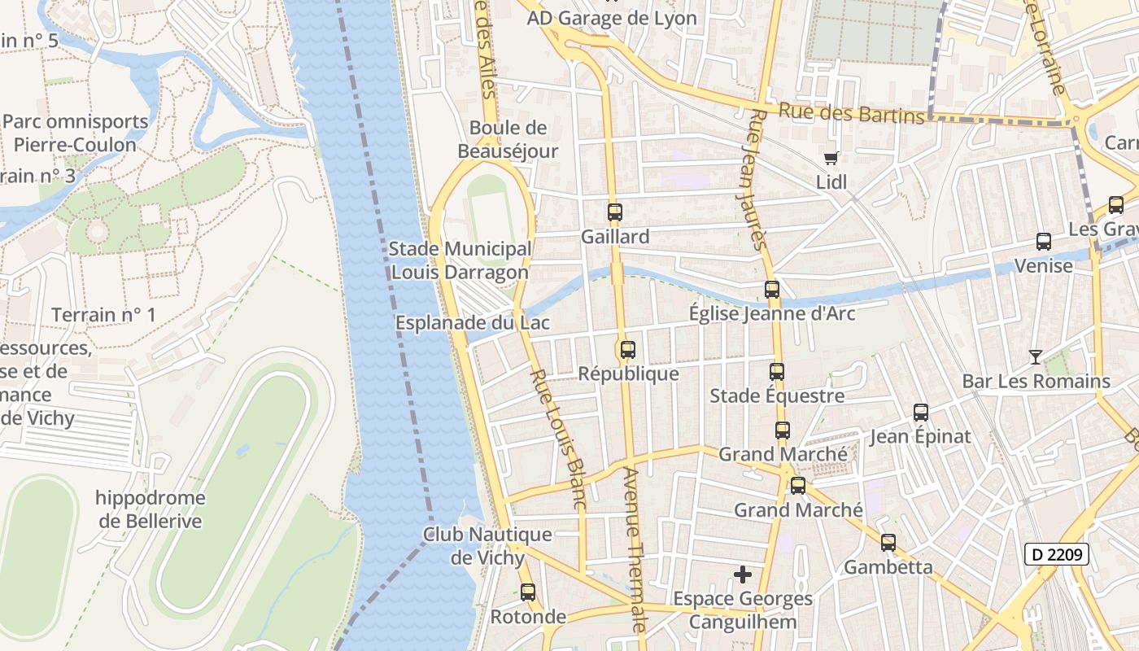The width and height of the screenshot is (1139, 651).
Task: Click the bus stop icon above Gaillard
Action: tap(614, 212)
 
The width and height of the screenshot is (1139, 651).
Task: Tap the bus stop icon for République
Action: tap(627, 350)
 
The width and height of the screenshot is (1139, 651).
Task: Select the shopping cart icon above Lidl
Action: tap(831, 158)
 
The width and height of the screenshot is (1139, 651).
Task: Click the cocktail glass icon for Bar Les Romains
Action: tap(1035, 356)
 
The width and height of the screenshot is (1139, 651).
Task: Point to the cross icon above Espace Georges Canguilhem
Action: tap(742, 575)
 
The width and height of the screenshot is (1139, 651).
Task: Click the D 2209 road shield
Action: tap(1056, 555)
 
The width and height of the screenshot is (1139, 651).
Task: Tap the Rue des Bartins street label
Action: tap(852, 113)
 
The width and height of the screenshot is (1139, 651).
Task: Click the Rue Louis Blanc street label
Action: tap(558, 439)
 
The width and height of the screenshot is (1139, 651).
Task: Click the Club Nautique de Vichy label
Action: tap(487, 546)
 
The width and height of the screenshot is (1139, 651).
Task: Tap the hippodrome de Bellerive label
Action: tap(150, 509)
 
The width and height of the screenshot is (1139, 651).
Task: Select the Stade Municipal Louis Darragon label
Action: tap(460, 260)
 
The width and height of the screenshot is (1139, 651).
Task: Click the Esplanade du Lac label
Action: tap(473, 323)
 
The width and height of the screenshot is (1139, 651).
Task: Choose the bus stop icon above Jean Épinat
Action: tap(921, 413)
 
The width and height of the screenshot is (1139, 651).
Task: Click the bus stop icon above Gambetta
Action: tap(888, 542)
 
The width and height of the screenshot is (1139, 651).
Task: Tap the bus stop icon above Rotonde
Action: tap(528, 592)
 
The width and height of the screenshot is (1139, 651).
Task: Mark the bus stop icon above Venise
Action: tap(1044, 242)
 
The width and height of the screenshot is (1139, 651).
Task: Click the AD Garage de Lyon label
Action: tap(612, 18)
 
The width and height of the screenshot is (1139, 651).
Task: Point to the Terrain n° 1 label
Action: tap(103, 315)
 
